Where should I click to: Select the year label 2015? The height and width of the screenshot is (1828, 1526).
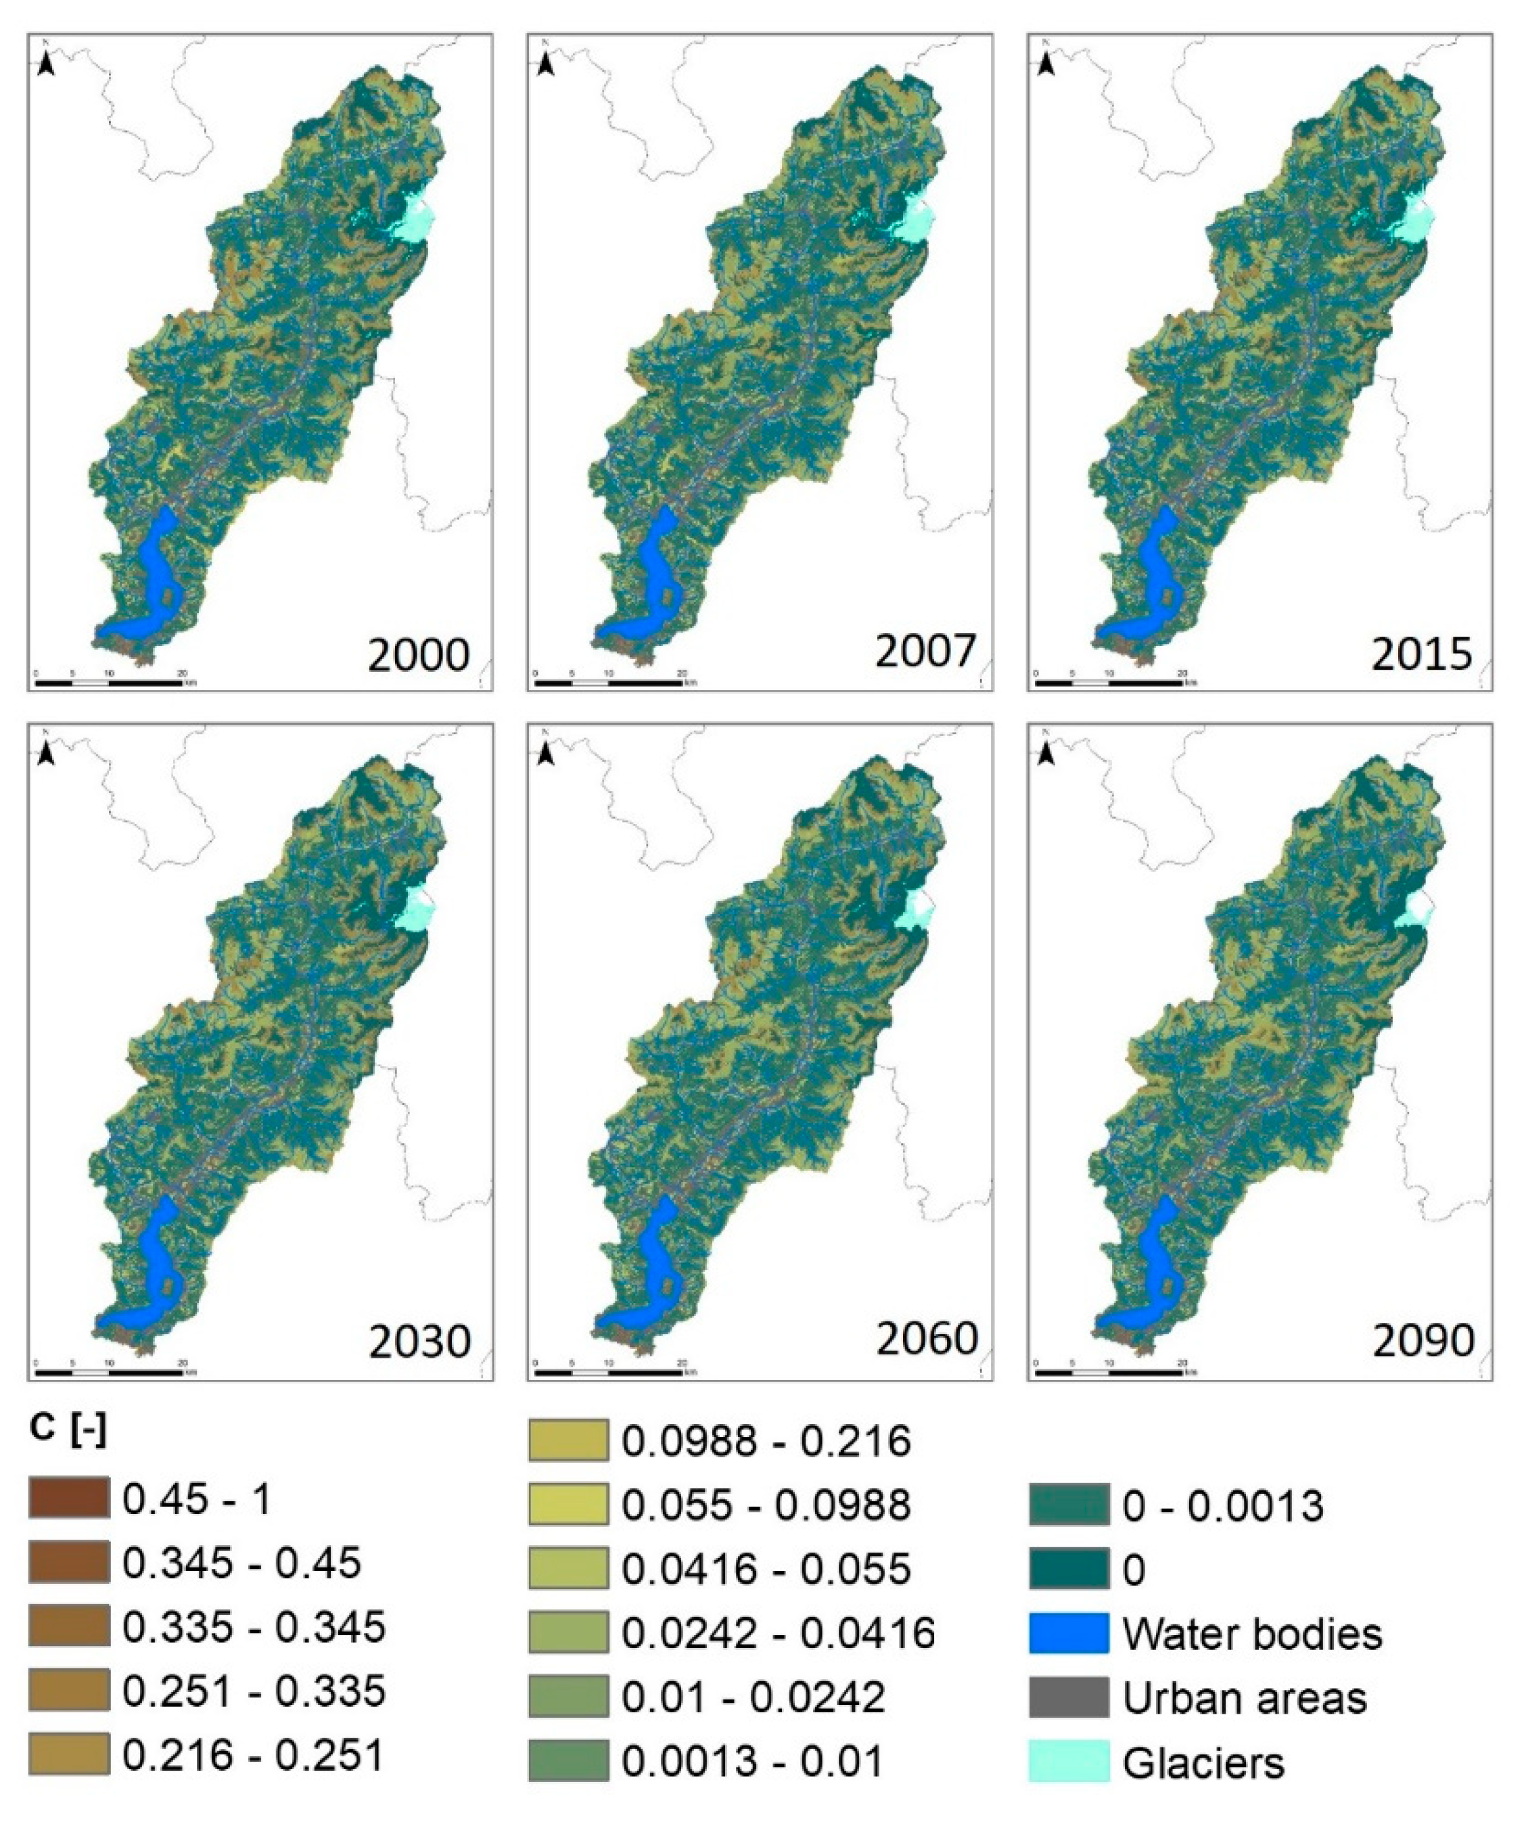(1422, 654)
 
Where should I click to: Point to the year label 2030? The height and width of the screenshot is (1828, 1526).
(419, 1342)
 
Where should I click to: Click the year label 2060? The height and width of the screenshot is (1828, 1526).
(926, 1339)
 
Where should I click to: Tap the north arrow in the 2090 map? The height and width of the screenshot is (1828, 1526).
(1049, 753)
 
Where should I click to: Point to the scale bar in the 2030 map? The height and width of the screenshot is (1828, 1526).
(110, 1372)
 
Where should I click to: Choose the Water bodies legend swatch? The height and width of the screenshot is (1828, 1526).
(1068, 1634)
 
